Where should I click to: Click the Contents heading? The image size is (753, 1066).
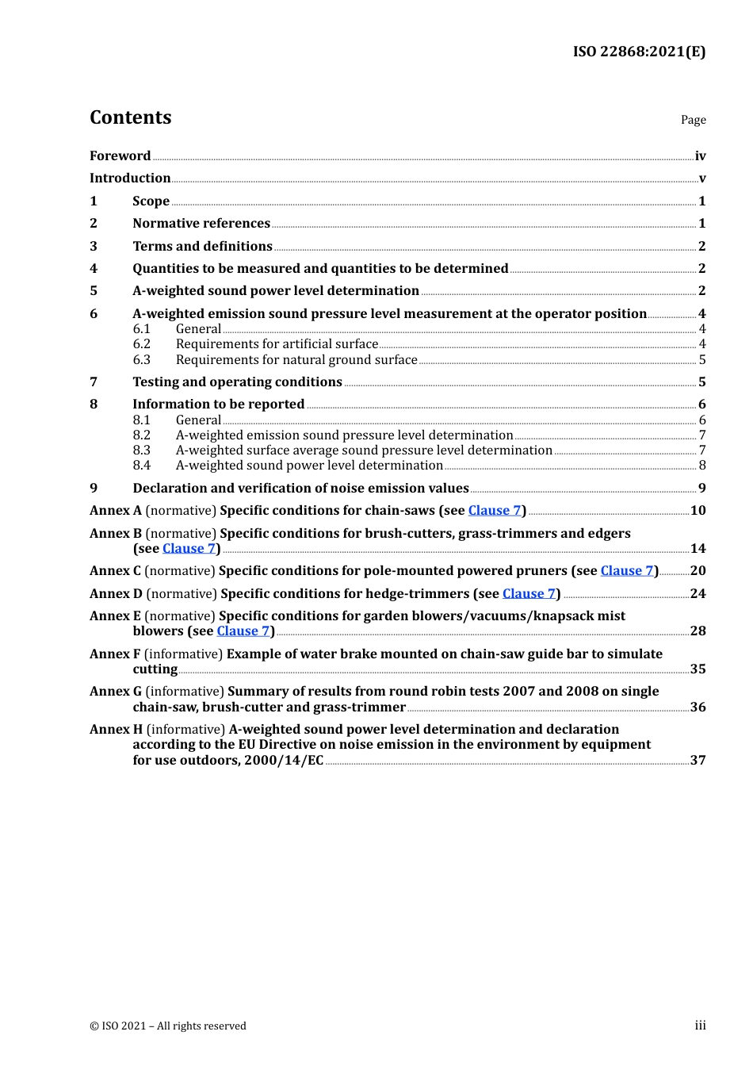(130, 117)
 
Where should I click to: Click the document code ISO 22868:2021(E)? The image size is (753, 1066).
(639, 52)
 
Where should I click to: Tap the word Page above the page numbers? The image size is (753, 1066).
(693, 120)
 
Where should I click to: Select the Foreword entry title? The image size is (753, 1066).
(120, 155)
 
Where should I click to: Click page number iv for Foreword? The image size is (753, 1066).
(700, 156)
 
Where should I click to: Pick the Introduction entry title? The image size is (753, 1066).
(130, 178)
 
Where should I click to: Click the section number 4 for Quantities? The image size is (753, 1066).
(94, 268)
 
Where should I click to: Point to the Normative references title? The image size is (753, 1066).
(201, 223)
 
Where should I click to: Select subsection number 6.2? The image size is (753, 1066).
(142, 343)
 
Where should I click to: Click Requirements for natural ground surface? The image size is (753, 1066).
(296, 359)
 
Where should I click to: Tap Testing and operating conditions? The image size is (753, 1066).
(237, 382)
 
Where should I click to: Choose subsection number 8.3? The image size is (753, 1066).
(142, 450)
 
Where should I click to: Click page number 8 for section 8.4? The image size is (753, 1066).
(701, 465)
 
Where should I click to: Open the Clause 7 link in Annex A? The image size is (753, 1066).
(495, 510)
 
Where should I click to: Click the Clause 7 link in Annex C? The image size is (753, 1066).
(627, 570)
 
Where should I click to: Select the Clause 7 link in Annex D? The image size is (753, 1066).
(529, 593)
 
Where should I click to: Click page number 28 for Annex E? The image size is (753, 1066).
(698, 631)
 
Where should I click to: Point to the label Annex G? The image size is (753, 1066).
(116, 691)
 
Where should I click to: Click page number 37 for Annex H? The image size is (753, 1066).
(698, 760)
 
